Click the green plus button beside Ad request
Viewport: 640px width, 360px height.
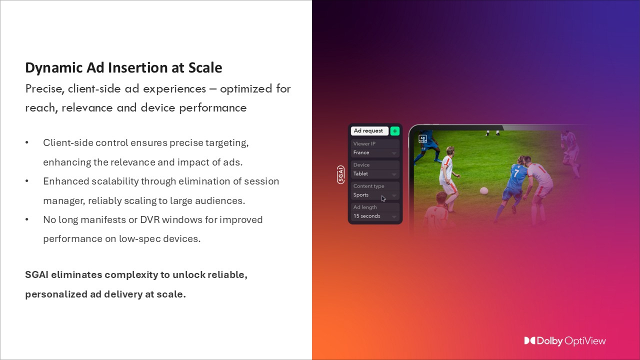pos(395,131)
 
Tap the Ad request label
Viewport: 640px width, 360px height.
pos(368,131)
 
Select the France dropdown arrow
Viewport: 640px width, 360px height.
pos(394,153)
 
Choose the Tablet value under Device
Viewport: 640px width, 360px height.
pos(360,174)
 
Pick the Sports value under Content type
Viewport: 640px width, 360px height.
pos(360,195)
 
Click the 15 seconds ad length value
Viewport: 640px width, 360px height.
pos(366,216)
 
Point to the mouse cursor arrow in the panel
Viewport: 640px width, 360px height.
pos(383,198)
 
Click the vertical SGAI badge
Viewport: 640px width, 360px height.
pos(341,174)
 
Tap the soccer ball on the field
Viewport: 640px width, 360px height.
pos(484,190)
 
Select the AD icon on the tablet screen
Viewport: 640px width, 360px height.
pos(423,139)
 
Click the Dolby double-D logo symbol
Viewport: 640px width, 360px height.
pos(529,341)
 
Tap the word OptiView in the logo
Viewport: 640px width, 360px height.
pos(585,341)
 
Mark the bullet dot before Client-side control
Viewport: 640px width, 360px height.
pos(27,143)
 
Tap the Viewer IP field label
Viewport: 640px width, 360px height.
pos(364,143)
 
